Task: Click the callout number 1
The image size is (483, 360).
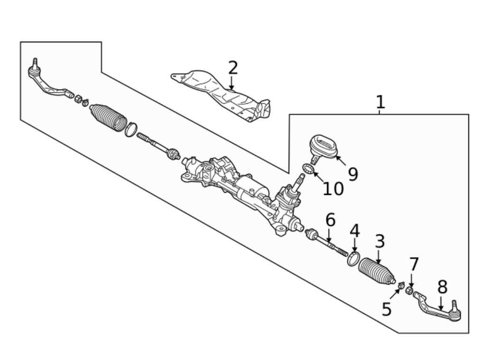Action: (x=380, y=102)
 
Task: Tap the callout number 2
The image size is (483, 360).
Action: (x=232, y=68)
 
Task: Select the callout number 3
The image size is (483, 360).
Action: (x=380, y=242)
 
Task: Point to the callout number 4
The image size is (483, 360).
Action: (x=355, y=231)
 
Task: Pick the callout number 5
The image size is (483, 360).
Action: (x=387, y=309)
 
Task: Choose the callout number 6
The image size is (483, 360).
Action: (x=330, y=220)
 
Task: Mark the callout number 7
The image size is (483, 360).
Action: (x=414, y=264)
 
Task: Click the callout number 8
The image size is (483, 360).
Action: (x=442, y=287)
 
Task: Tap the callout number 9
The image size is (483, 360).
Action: (x=353, y=174)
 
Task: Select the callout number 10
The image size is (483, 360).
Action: (x=333, y=189)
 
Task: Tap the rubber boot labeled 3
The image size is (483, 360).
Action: (x=376, y=272)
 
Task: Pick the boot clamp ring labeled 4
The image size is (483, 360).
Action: (x=353, y=259)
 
